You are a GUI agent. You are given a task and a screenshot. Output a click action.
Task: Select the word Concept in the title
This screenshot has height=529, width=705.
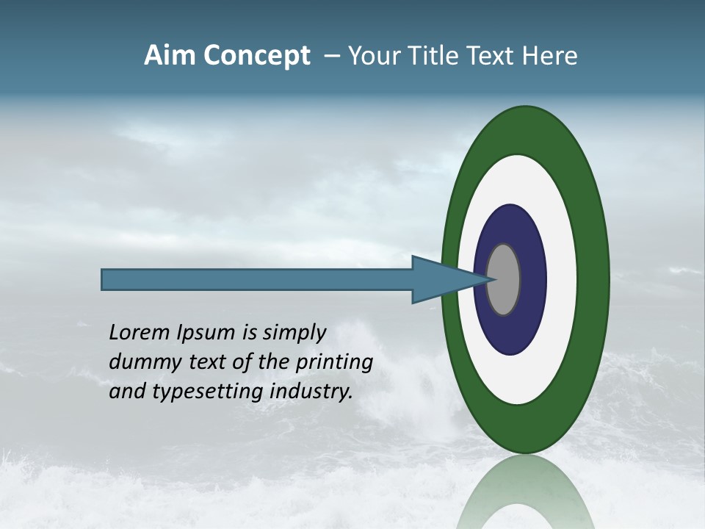tap(257, 57)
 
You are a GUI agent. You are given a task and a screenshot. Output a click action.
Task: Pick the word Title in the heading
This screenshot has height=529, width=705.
tap(438, 57)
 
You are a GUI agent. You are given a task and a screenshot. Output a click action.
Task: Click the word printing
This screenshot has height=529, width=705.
tap(334, 363)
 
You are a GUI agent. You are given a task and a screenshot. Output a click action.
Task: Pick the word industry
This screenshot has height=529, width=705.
tap(311, 392)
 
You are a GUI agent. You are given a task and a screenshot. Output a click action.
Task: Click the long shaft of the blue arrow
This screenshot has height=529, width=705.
tap(257, 280)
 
